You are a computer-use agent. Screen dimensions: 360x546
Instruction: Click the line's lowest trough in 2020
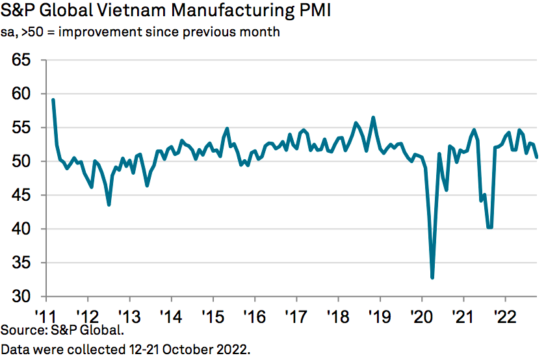(x=432, y=277)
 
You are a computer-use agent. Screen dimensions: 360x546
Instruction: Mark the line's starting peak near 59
(x=53, y=100)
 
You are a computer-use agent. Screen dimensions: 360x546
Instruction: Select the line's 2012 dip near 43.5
(x=109, y=205)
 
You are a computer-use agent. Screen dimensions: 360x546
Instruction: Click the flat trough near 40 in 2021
(x=489, y=227)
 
